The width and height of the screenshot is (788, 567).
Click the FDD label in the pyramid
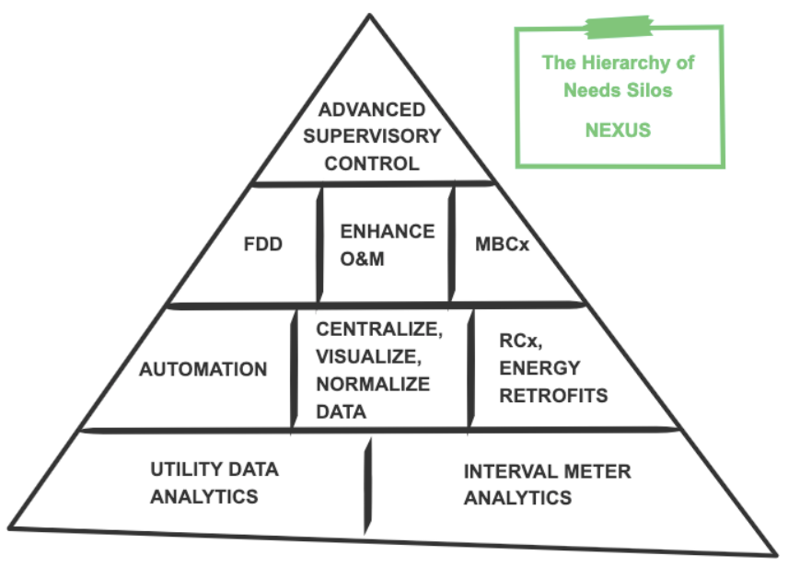(264, 246)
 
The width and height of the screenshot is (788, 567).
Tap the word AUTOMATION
(203, 369)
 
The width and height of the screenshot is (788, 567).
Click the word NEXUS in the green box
(618, 130)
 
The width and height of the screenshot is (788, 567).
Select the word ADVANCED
(372, 110)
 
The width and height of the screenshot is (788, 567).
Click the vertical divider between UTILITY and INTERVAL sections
(368, 479)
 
